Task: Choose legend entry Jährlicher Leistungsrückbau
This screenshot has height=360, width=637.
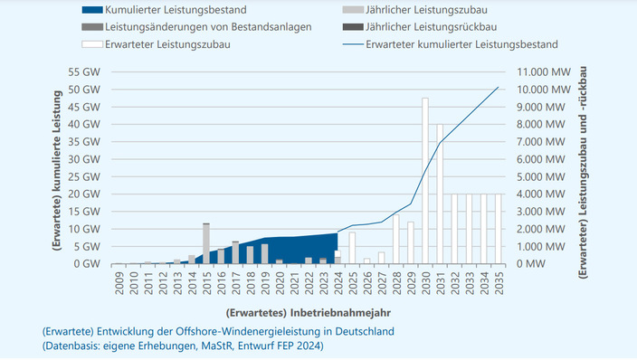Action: pos(433,27)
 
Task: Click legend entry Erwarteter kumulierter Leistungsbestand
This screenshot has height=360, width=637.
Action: pos(461,43)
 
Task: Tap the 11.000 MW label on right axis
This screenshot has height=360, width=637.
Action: pos(542,71)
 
